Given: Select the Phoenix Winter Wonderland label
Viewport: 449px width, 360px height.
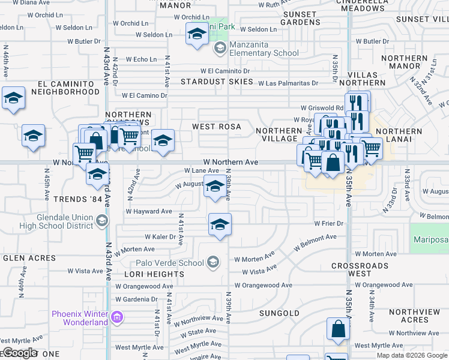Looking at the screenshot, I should [x=79, y=318].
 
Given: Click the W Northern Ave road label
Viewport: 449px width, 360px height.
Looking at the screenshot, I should [x=231, y=162].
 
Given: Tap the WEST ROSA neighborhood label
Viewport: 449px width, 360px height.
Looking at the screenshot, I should [x=216, y=127].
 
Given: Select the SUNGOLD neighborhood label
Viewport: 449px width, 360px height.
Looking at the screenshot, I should [x=279, y=313].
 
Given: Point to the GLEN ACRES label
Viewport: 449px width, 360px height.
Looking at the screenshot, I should [x=29, y=258].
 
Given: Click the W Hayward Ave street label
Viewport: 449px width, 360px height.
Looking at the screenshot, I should [x=149, y=211].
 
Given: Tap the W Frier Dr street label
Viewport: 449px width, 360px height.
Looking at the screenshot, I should [x=328, y=223].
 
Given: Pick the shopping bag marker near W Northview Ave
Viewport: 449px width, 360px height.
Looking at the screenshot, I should [x=338, y=329].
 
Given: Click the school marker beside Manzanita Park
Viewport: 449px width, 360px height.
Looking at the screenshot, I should [x=196, y=35].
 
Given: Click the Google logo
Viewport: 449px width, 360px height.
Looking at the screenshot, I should [x=20, y=353].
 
